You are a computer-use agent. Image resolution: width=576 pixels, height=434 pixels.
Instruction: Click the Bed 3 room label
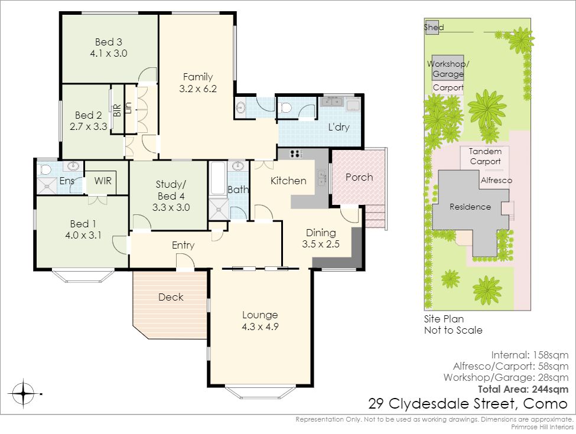[108, 42]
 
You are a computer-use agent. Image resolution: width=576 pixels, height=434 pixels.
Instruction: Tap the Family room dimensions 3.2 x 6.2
[198, 89]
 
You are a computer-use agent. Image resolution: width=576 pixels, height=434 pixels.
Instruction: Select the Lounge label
[260, 315]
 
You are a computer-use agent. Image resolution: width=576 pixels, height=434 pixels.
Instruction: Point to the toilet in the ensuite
[44, 169]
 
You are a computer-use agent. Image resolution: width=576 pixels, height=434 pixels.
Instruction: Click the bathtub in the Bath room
[218, 178]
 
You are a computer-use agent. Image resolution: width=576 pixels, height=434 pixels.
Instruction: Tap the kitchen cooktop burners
[297, 154]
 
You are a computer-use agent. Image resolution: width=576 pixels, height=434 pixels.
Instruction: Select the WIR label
[102, 181]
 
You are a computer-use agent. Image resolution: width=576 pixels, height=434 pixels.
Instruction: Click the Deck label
[171, 297]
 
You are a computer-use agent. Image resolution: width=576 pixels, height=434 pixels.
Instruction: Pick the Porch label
[359, 177]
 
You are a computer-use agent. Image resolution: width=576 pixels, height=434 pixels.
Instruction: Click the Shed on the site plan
[432, 27]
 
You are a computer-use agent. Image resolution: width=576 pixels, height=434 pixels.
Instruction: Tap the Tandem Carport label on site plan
[485, 156]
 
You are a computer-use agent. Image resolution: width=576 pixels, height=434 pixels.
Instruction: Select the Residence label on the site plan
[470, 207]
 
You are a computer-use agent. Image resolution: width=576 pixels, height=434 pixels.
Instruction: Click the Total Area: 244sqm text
[523, 389]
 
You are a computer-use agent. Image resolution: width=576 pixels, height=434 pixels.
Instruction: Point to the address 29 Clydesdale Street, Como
[468, 403]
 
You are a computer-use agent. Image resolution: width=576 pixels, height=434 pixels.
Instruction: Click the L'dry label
[339, 127]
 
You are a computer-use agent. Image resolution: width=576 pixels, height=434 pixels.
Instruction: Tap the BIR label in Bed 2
[117, 110]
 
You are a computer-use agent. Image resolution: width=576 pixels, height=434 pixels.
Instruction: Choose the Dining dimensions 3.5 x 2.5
[321, 244]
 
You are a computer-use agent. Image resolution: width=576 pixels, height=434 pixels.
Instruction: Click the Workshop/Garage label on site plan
[448, 68]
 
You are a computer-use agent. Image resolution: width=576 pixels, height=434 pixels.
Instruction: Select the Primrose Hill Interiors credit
[542, 427]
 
